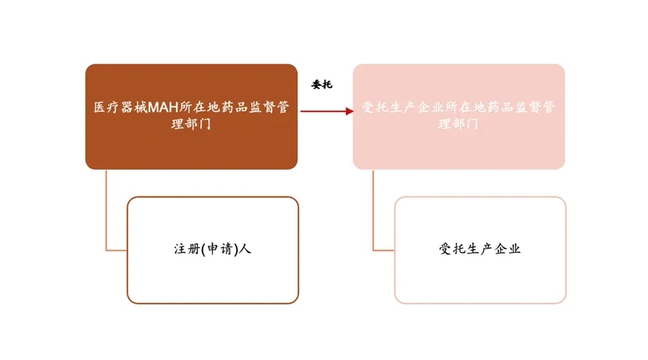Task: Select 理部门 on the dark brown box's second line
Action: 191,124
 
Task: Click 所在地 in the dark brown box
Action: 201,108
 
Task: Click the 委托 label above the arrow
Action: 322,85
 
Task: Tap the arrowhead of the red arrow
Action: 349,111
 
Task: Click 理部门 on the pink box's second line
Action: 459,124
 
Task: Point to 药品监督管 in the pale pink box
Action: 524,108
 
